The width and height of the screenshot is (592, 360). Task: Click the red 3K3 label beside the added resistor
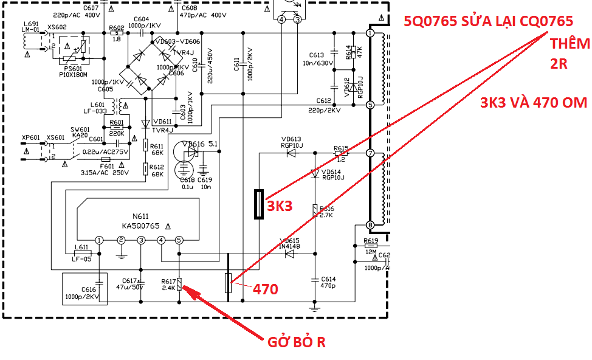pyautogui.click(x=280, y=206)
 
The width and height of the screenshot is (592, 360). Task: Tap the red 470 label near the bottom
pyautogui.click(x=266, y=289)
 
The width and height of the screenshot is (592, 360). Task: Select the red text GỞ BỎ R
pyautogui.click(x=297, y=342)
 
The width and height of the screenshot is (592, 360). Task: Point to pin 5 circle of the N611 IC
pyautogui.click(x=179, y=240)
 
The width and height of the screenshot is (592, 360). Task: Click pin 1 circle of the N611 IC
pyautogui.click(x=99, y=240)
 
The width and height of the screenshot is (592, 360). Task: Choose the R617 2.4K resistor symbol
pyautogui.click(x=179, y=283)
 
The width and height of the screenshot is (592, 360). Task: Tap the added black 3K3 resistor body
pyautogui.click(x=259, y=204)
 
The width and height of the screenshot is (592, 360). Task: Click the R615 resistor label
pyautogui.click(x=341, y=148)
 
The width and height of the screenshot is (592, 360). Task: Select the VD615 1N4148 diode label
pyautogui.click(x=289, y=244)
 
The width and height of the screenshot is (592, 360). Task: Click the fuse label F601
pyautogui.click(x=106, y=165)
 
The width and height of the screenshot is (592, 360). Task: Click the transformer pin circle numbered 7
pyautogui.click(x=370, y=153)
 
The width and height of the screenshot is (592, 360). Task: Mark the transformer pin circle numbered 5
pyautogui.click(x=370, y=105)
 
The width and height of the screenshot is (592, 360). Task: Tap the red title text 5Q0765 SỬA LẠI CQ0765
pyautogui.click(x=488, y=21)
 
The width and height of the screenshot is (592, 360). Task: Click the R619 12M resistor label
pyautogui.click(x=371, y=241)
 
